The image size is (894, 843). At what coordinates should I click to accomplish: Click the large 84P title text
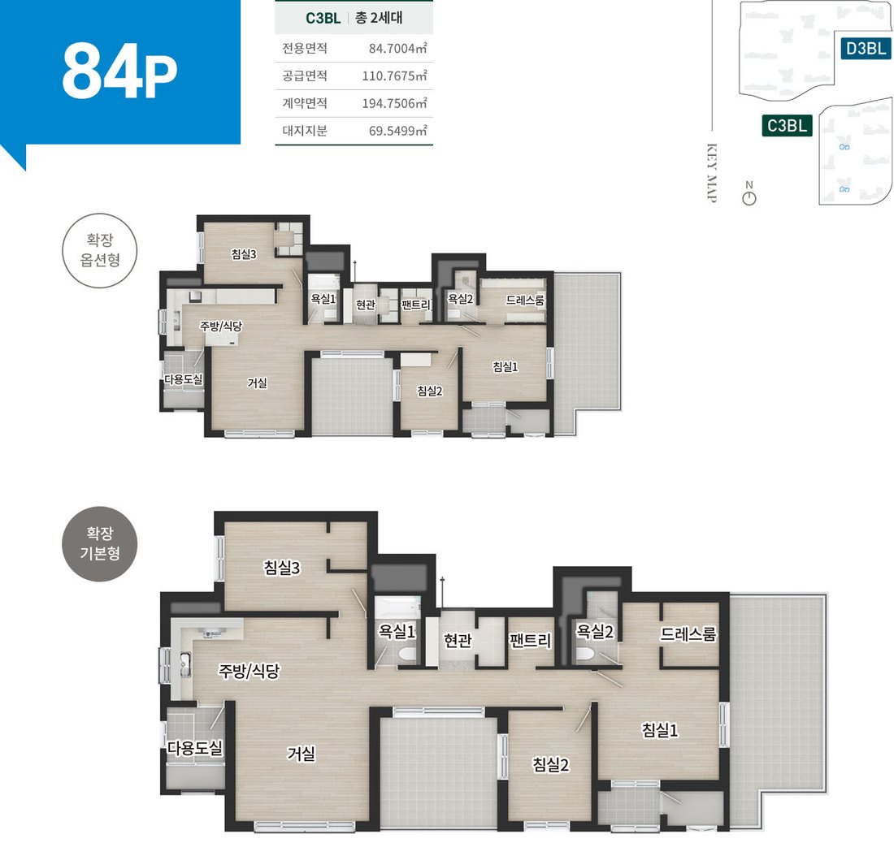click(x=119, y=71)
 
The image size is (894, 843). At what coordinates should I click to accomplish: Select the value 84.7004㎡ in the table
click(x=397, y=49)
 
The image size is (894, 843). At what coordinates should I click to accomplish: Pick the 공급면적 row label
click(x=305, y=76)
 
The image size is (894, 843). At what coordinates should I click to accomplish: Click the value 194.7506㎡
click(x=394, y=103)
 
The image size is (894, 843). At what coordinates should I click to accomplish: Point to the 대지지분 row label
click(x=305, y=131)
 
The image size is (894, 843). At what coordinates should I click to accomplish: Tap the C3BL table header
click(x=323, y=18)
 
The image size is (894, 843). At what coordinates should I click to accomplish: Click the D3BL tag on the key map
click(x=866, y=49)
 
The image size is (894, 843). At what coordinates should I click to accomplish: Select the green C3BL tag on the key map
click(x=787, y=125)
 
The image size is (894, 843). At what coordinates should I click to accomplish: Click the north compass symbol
click(x=749, y=197)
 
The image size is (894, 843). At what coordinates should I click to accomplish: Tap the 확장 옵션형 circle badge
click(x=100, y=251)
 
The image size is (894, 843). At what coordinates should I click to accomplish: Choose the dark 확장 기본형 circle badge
click(x=100, y=544)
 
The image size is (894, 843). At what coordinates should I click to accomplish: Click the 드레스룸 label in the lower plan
click(x=688, y=634)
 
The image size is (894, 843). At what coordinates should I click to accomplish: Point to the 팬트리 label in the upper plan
click(x=415, y=305)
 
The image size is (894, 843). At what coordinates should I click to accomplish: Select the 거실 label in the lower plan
click(x=301, y=754)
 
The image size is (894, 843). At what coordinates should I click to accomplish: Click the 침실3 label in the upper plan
click(x=244, y=254)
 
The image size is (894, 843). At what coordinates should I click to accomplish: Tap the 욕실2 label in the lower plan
click(x=595, y=631)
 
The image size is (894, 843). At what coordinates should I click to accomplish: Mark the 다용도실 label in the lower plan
click(x=194, y=748)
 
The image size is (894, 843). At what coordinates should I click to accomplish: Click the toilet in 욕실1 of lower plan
click(x=407, y=653)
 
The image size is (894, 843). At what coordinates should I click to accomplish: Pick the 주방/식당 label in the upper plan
click(x=220, y=326)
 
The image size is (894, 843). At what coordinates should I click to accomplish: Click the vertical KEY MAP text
click(x=712, y=173)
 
